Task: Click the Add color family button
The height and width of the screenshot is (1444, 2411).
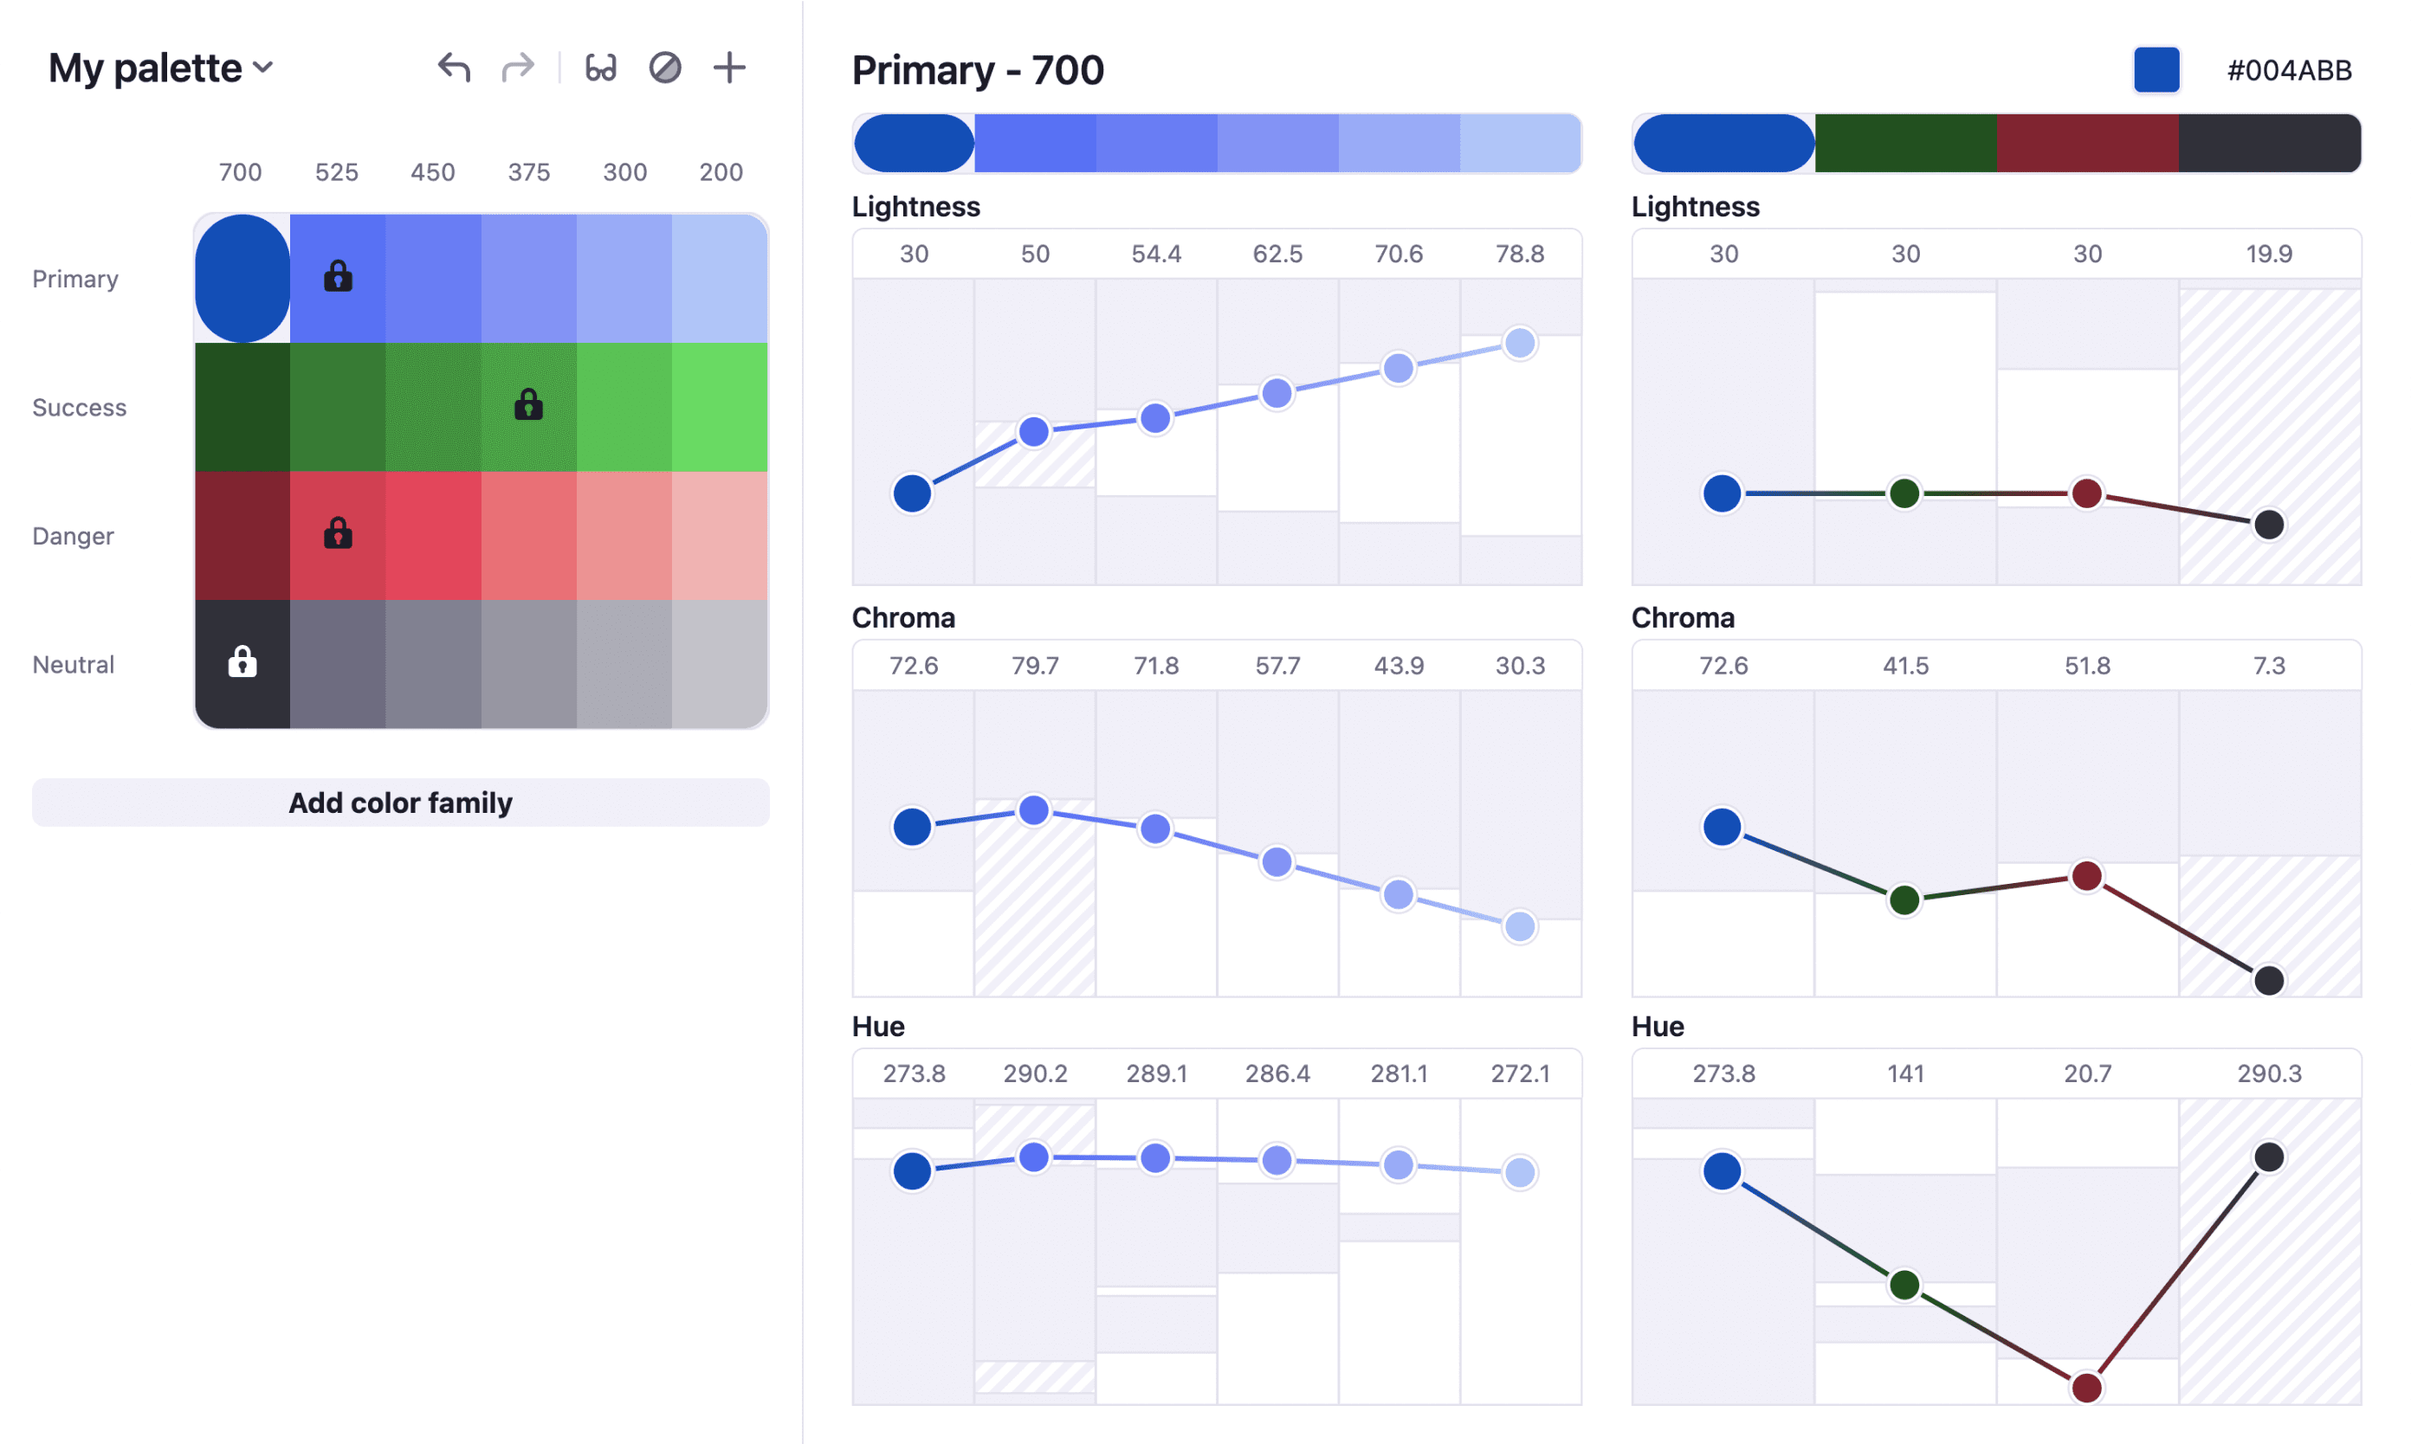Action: (x=400, y=803)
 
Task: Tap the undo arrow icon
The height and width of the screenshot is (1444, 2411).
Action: (x=454, y=68)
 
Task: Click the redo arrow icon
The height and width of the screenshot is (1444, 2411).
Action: (x=518, y=68)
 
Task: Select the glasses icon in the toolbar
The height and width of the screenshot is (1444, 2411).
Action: (x=600, y=68)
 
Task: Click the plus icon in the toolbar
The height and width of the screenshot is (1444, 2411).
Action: (x=729, y=68)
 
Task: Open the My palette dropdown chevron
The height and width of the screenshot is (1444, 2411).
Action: (x=262, y=68)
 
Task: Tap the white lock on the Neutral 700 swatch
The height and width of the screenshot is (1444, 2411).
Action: (x=242, y=661)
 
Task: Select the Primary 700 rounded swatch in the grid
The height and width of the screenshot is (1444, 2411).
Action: (x=242, y=278)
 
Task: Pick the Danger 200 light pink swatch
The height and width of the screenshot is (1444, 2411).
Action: (x=720, y=535)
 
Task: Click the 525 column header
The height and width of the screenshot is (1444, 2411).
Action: (x=337, y=172)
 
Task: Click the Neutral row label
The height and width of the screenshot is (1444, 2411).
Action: (x=74, y=665)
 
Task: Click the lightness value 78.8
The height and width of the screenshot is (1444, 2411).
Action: (x=1519, y=254)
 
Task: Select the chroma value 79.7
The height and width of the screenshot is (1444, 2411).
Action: (x=1035, y=666)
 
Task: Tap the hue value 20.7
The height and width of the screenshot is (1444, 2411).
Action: (x=2087, y=1073)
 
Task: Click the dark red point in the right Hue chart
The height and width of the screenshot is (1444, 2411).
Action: (x=2086, y=1387)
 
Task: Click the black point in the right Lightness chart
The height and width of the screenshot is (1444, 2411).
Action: (x=2269, y=525)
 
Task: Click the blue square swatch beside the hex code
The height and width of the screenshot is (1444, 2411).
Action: (x=2156, y=70)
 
